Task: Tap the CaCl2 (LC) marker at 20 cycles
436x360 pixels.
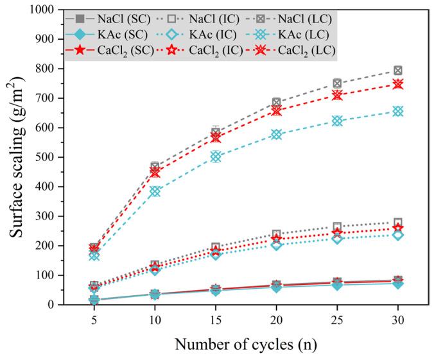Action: pyautogui.click(x=277, y=110)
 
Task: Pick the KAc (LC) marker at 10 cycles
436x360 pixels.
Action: pyautogui.click(x=155, y=191)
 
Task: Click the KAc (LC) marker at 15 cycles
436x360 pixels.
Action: pyautogui.click(x=216, y=157)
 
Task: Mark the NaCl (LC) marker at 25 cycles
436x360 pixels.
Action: pyautogui.click(x=337, y=83)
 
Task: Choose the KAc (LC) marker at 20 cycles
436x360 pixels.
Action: pyautogui.click(x=277, y=134)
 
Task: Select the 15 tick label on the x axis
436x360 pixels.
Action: pyautogui.click(x=216, y=319)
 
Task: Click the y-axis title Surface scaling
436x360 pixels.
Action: pyautogui.click(x=18, y=157)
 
